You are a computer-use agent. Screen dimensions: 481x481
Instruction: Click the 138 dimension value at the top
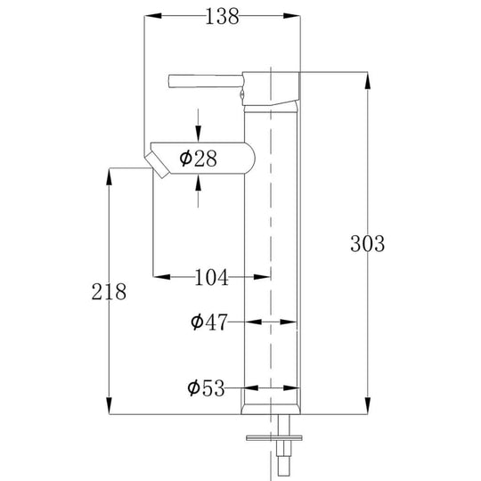(222, 17)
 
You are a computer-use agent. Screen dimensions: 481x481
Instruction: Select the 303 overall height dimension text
(366, 243)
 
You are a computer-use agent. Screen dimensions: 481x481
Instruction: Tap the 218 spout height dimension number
(109, 291)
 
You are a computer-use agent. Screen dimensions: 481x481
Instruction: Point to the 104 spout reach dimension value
(212, 277)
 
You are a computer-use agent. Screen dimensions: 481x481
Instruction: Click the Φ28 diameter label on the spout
(198, 159)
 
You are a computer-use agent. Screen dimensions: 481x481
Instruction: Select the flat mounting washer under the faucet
(274, 437)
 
